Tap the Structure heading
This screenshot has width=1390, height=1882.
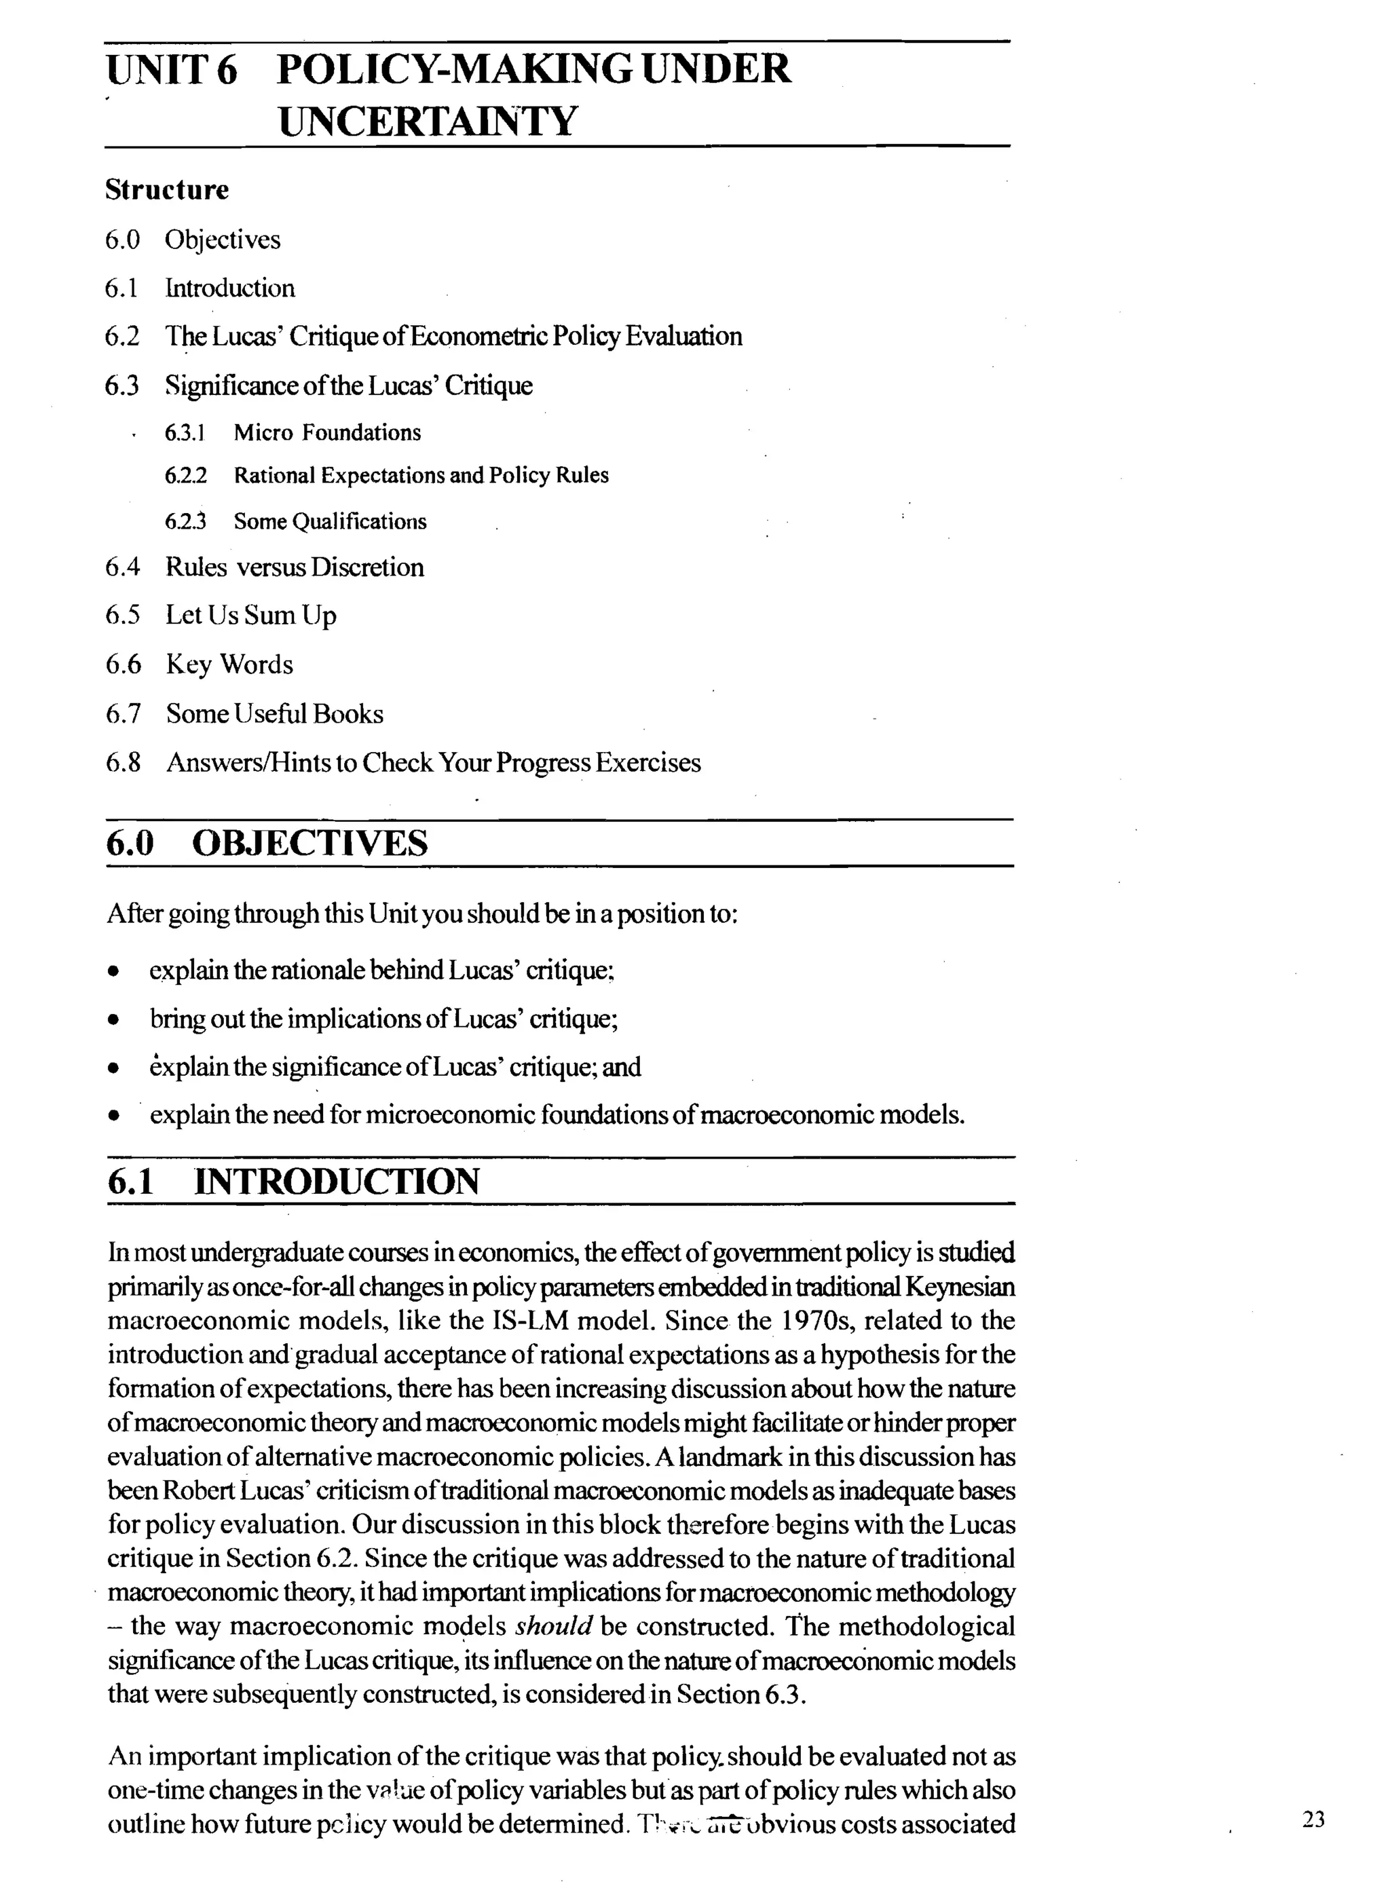click(x=166, y=189)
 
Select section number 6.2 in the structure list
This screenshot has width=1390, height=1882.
click(x=122, y=337)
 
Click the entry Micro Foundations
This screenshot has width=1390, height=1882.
click(x=327, y=432)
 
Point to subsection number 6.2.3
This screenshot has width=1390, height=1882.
click(x=185, y=522)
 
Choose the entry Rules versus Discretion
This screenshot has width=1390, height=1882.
click(x=295, y=567)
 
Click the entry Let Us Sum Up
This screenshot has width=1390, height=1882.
click(x=250, y=615)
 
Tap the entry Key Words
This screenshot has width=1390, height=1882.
click(x=229, y=664)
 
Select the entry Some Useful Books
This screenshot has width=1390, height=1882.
click(x=274, y=713)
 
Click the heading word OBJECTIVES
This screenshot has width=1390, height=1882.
click(x=309, y=843)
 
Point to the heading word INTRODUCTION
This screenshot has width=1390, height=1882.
click(x=337, y=1181)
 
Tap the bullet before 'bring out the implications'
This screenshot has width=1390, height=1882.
click(x=113, y=1021)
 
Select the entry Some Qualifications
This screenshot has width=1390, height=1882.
click(x=330, y=522)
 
